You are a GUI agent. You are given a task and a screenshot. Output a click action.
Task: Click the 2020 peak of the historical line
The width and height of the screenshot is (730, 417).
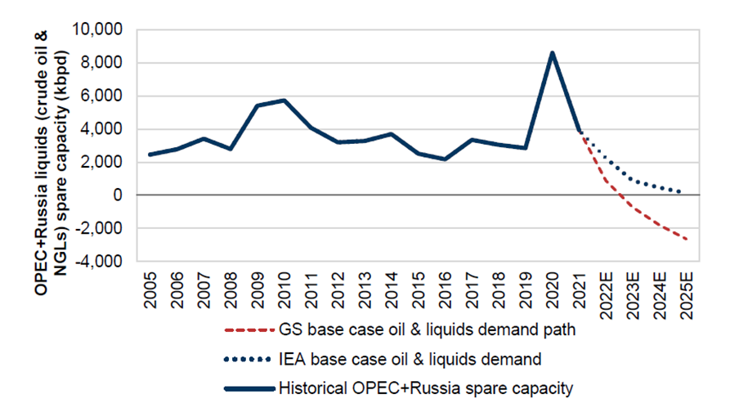coord(553,53)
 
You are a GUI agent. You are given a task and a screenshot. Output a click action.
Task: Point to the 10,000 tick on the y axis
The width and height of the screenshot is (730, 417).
coord(99,30)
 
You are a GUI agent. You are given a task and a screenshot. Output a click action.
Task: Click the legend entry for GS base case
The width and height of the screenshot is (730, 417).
coord(409,330)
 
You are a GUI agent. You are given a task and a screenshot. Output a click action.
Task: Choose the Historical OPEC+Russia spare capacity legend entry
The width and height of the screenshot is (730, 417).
coord(425,387)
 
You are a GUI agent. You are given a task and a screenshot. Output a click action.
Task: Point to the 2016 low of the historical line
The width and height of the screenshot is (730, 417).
coord(446,159)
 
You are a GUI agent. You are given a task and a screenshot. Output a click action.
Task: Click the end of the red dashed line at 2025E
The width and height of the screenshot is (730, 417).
coord(686,239)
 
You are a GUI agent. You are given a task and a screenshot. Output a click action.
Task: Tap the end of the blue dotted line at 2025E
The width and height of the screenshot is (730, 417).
coord(681,192)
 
